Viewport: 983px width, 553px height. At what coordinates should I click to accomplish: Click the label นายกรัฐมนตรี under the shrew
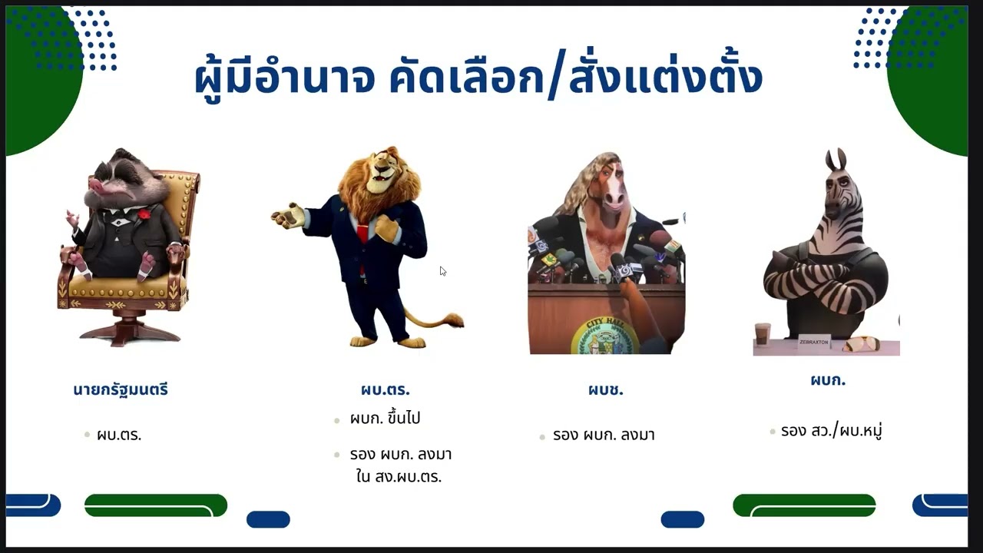[x=121, y=389]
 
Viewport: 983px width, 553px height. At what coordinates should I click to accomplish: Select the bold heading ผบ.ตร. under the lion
[x=385, y=389]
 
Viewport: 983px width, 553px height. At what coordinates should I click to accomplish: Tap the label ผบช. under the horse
[x=606, y=389]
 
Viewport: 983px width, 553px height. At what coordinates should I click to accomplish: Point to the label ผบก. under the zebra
[x=828, y=379]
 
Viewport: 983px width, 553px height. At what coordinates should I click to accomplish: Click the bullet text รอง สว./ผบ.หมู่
[x=831, y=431]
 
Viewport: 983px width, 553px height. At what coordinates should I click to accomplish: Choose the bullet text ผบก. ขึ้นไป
[x=385, y=419]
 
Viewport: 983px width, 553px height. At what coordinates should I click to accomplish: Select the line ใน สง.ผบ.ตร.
[x=399, y=476]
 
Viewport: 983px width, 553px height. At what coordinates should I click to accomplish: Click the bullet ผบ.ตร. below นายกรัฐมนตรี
[x=119, y=435]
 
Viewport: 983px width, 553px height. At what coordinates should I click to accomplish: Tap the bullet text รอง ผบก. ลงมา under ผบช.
[x=604, y=435]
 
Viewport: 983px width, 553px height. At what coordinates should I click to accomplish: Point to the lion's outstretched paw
[x=288, y=216]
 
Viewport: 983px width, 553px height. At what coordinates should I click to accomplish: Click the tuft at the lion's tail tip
[x=451, y=320]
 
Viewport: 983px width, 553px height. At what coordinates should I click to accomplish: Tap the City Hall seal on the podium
[x=604, y=336]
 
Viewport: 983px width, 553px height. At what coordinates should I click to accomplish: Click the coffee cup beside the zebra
[x=762, y=333]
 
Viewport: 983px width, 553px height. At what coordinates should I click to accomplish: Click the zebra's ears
[x=836, y=160]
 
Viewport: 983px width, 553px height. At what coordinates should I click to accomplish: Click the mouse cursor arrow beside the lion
[x=442, y=270]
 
